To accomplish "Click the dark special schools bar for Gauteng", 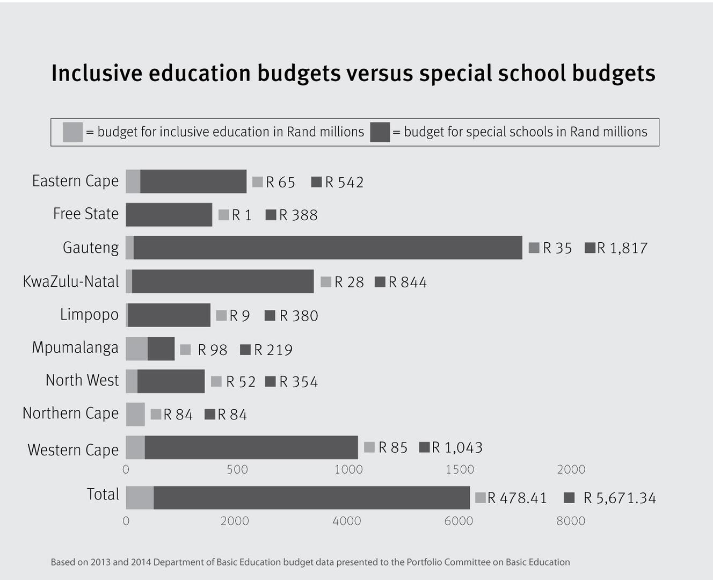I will click(328, 248).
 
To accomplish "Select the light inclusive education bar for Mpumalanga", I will click(136, 349).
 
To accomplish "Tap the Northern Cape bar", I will click(135, 414).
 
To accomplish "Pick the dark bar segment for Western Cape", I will click(251, 447).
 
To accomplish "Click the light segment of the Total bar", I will click(140, 498).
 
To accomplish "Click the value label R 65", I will click(280, 183).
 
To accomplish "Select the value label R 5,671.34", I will click(619, 498).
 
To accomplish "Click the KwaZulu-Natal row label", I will click(71, 281).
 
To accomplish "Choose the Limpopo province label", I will click(89, 314).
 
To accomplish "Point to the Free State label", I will click(86, 214).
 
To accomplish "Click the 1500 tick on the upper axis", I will click(460, 469).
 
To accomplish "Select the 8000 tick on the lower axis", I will click(570, 521).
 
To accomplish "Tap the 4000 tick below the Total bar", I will click(346, 521).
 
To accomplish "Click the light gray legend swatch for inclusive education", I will click(72, 132).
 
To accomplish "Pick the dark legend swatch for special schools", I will click(380, 132).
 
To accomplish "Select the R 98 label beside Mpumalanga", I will click(212, 350).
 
